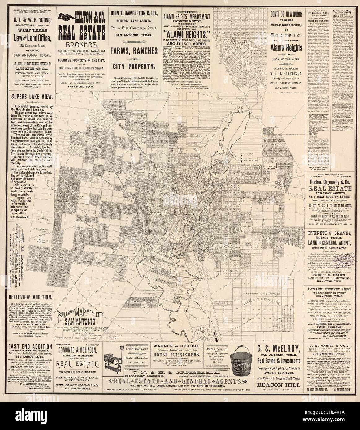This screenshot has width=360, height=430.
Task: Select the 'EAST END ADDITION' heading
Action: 27,347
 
